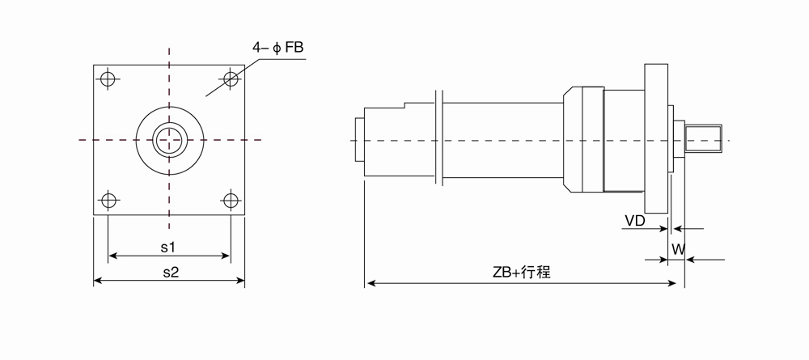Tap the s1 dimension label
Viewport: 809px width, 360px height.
click(x=168, y=245)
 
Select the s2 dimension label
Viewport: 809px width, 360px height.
click(x=170, y=272)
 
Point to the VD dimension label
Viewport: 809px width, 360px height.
click(x=635, y=220)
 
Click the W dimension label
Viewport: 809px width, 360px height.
click(x=678, y=250)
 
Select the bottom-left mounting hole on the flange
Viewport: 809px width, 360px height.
click(x=108, y=199)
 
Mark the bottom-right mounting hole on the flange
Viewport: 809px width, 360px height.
click(x=231, y=199)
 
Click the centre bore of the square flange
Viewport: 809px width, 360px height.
click(x=170, y=140)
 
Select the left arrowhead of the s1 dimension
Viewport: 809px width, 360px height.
click(x=112, y=256)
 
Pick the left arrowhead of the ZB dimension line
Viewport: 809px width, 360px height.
click(x=371, y=283)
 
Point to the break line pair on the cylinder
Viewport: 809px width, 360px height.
click(x=440, y=138)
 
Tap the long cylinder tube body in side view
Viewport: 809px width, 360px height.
click(x=502, y=139)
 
